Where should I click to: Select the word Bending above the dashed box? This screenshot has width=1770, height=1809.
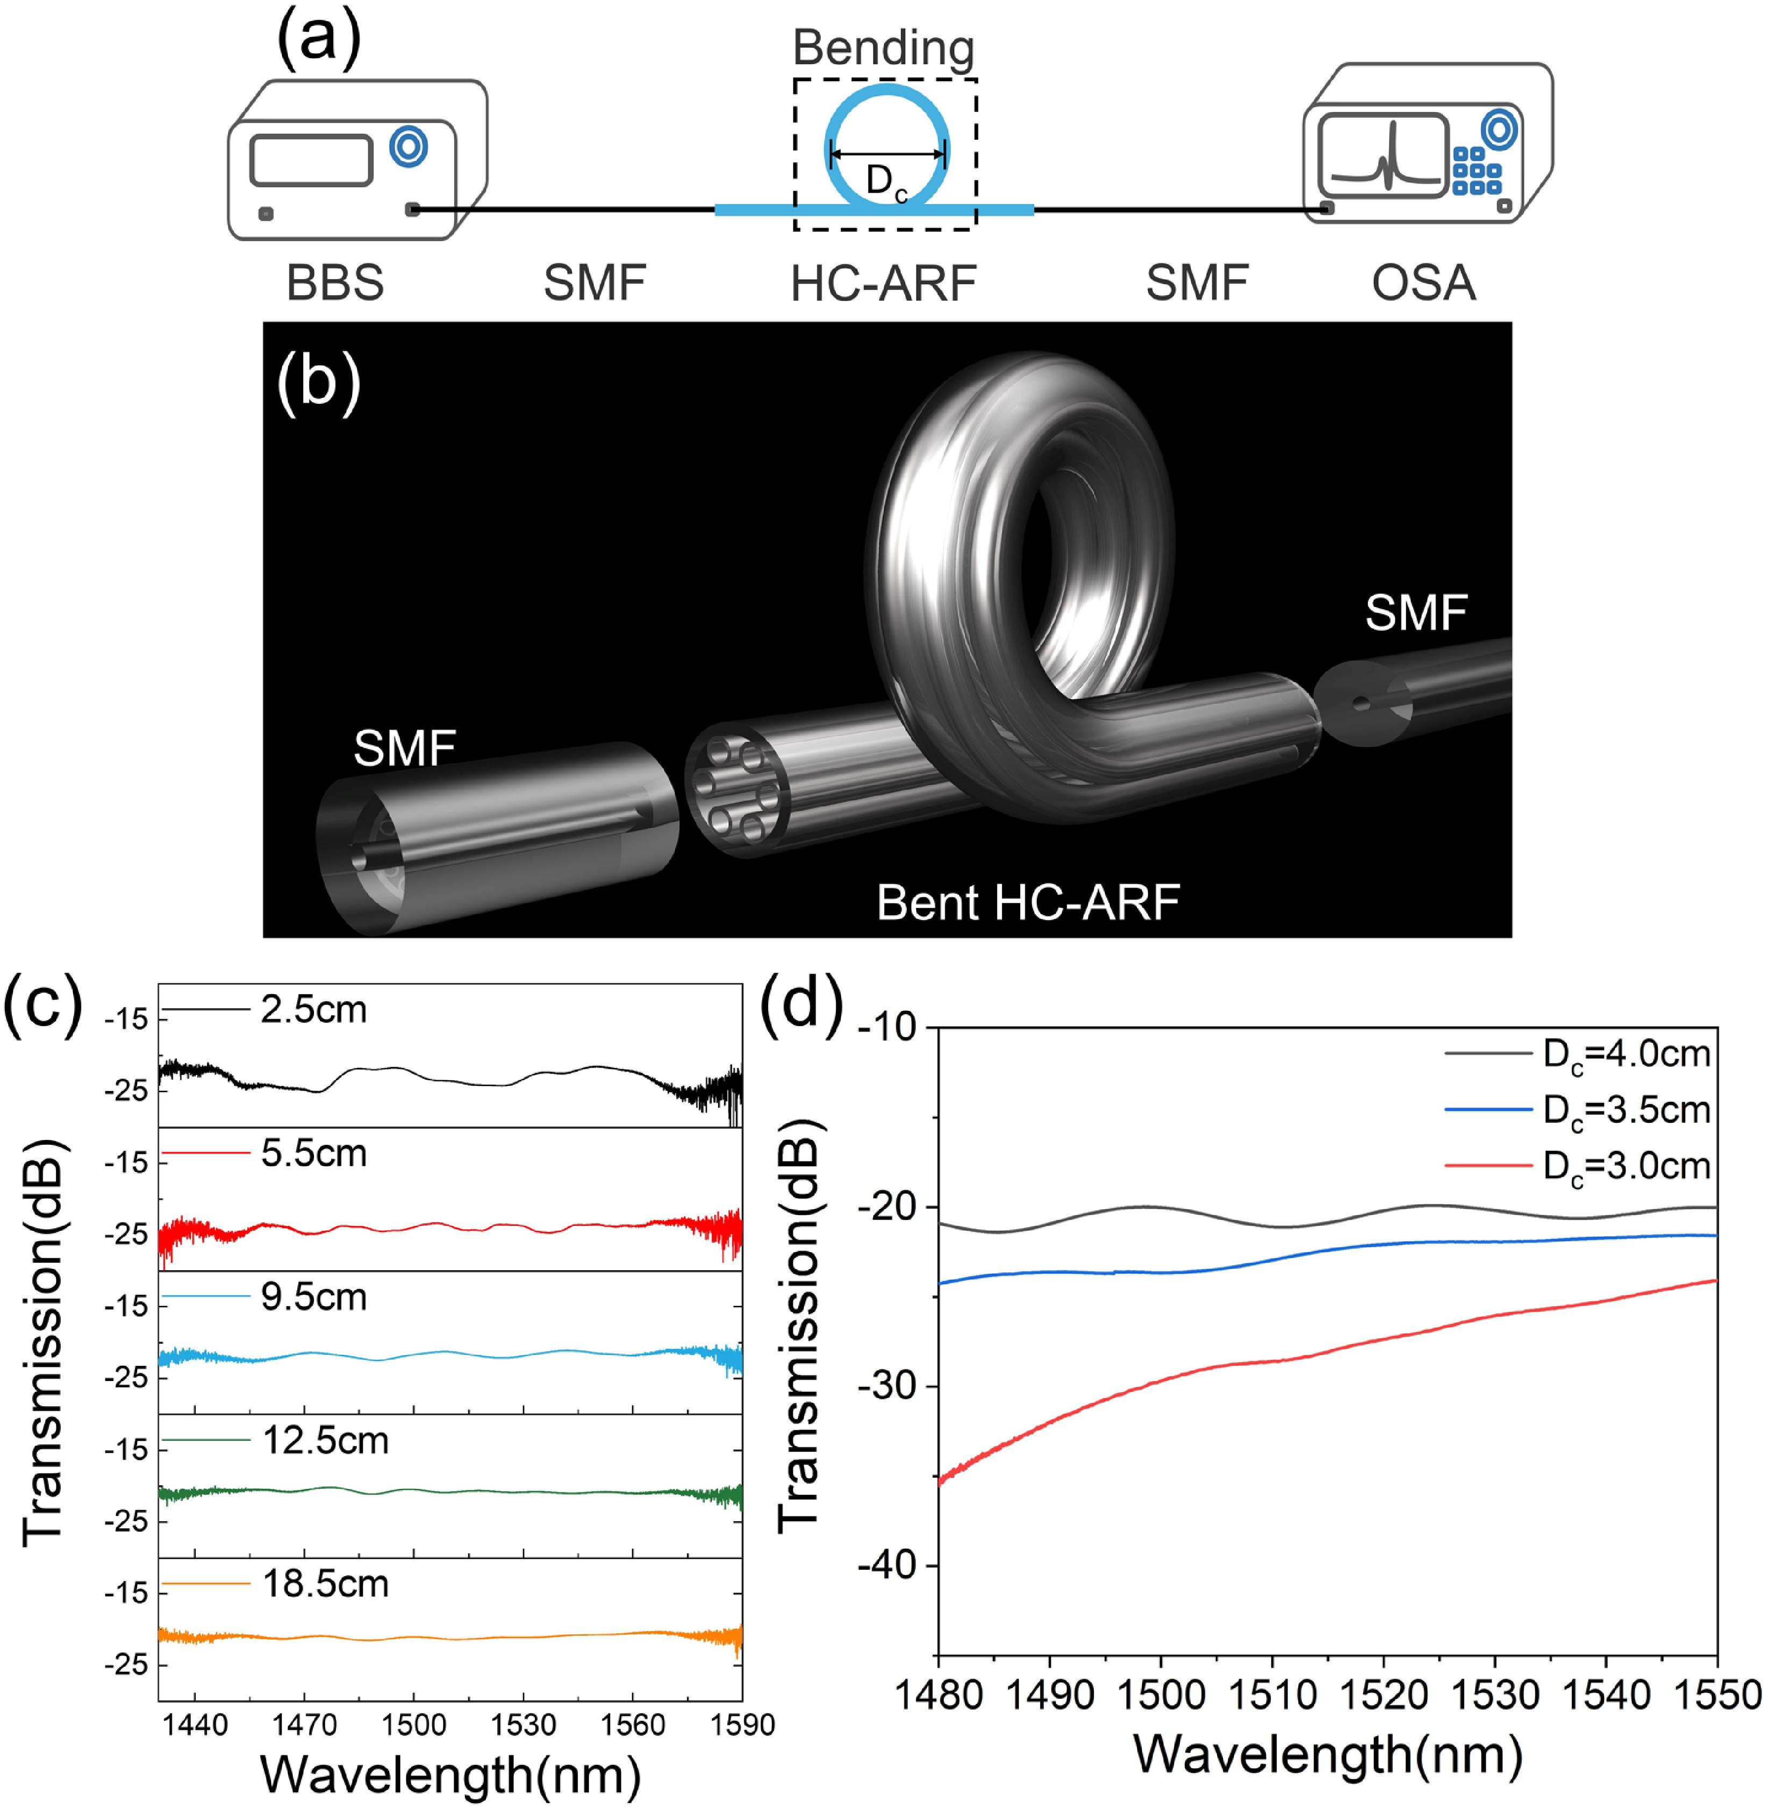(x=883, y=48)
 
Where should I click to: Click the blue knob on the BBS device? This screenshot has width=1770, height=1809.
(x=408, y=146)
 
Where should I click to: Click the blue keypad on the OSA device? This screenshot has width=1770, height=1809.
(x=1476, y=171)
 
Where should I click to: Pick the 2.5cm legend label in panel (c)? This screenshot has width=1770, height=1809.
(x=313, y=1010)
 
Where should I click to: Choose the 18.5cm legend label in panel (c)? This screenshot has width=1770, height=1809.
(x=325, y=1584)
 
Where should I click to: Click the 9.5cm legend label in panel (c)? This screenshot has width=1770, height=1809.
(x=313, y=1298)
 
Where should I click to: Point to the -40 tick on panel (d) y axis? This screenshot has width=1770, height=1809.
(x=888, y=1565)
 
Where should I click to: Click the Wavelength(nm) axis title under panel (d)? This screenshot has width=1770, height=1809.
(x=1328, y=1755)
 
